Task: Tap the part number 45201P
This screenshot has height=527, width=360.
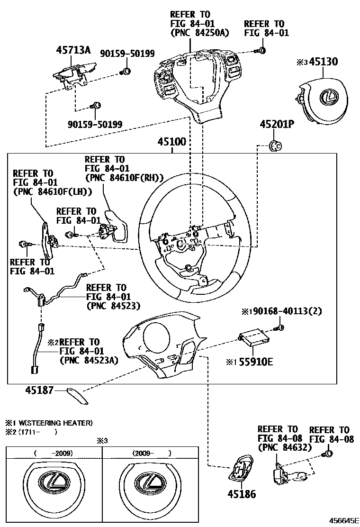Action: [277, 125]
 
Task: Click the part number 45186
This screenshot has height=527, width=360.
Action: [242, 494]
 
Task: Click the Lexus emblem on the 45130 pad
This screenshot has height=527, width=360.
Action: [327, 99]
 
